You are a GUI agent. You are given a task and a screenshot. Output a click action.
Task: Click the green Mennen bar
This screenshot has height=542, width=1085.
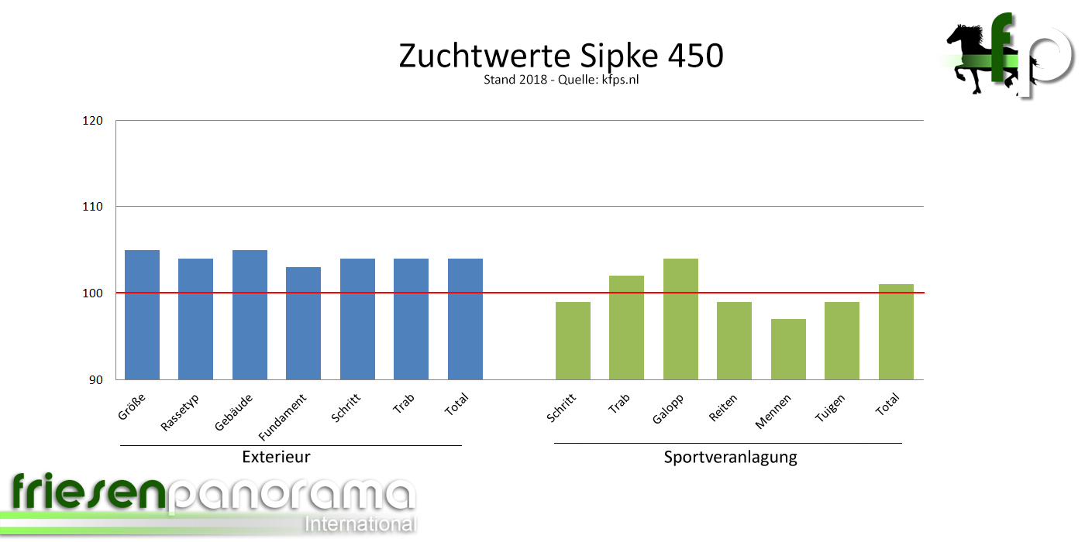(x=788, y=349)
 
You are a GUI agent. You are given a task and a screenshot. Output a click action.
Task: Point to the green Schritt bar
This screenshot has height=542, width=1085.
(x=573, y=341)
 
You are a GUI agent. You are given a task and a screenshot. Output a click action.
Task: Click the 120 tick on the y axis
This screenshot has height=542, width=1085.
(x=93, y=121)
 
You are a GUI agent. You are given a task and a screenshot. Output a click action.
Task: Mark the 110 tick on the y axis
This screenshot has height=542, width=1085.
(x=93, y=207)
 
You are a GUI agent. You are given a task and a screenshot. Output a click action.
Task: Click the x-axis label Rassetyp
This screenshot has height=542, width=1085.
(x=181, y=413)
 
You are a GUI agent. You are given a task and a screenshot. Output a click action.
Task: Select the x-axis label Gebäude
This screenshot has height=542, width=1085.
(x=233, y=413)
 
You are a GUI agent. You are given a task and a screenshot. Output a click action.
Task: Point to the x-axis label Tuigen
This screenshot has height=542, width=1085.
(x=830, y=409)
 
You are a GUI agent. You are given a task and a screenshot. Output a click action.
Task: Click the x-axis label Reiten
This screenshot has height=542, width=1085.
(x=722, y=408)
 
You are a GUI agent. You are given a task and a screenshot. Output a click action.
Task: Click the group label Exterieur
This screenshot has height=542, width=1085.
(x=276, y=457)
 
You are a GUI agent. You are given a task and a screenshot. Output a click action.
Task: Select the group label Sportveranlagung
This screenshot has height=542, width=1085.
(x=730, y=457)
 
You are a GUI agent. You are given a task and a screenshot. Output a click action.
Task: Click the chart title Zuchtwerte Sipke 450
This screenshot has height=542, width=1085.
(x=561, y=56)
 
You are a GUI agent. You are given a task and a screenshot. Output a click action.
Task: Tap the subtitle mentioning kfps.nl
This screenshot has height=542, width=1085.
(x=561, y=80)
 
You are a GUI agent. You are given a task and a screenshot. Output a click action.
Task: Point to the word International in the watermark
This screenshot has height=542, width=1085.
(x=360, y=524)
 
